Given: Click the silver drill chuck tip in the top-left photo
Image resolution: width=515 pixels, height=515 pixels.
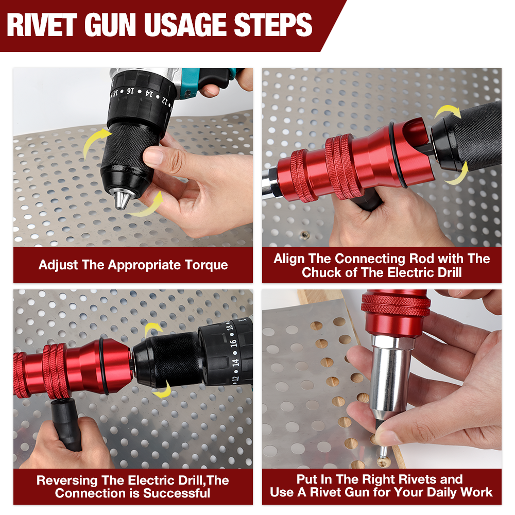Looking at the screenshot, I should pos(122,199).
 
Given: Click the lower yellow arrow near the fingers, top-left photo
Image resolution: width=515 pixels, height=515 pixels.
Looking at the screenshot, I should pos(147,205).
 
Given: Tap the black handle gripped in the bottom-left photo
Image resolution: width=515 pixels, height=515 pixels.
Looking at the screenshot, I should pos(65,424).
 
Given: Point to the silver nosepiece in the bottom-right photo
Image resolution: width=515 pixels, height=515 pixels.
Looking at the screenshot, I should pos(390,376).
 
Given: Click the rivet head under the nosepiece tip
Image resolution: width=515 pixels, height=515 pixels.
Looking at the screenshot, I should pos(383,453).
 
